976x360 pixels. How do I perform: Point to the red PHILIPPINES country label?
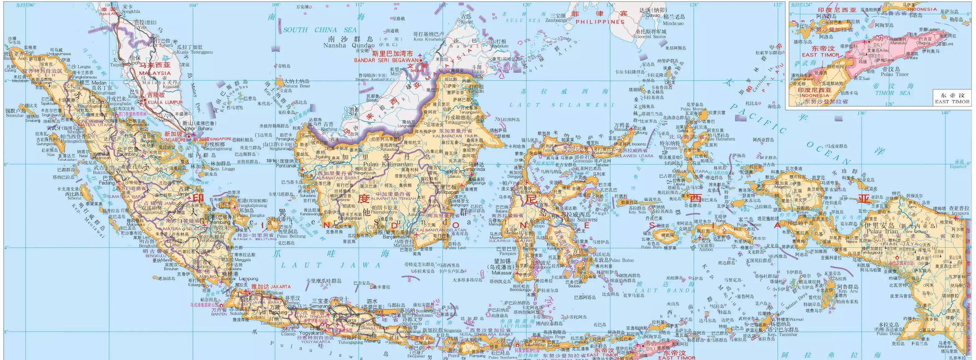click(x=600, y=22)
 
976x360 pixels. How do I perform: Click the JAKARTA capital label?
click(x=268, y=286)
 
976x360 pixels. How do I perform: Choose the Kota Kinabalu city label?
click(x=428, y=39)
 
